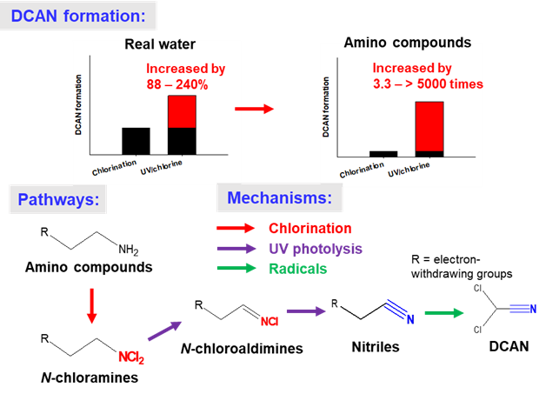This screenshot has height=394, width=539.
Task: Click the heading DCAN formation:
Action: tap(79, 16)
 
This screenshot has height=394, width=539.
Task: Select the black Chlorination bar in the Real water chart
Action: tap(136, 141)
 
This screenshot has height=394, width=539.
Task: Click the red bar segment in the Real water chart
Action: tap(182, 111)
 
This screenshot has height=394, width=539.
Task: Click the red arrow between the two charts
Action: tap(255, 109)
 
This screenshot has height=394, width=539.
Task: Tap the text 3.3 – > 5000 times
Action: tap(427, 83)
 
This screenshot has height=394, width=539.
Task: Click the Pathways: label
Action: tap(57, 200)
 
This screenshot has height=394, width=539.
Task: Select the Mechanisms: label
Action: tap(279, 198)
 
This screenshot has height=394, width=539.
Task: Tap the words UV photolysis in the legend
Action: tap(316, 249)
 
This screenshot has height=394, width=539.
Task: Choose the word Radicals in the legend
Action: tap(298, 269)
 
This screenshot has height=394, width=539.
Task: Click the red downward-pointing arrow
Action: tap(90, 308)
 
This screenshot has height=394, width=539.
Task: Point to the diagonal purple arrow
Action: tap(164, 331)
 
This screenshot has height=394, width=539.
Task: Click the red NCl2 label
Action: tap(131, 357)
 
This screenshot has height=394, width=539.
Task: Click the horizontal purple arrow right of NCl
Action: tap(306, 311)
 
